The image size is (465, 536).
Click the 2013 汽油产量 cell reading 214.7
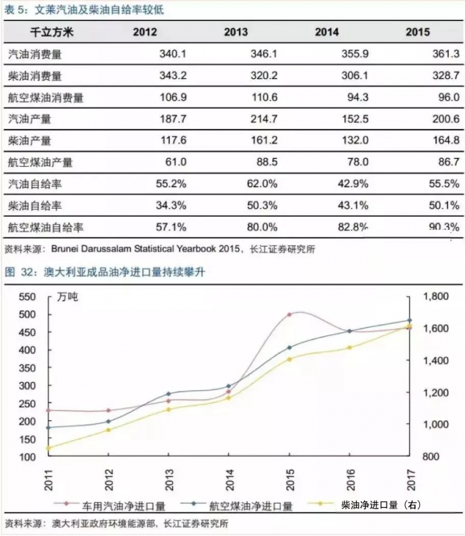(251, 119)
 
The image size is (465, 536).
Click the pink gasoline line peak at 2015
(289, 315)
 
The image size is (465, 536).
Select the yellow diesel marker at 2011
(48, 448)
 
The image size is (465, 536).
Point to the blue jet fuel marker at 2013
(169, 394)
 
